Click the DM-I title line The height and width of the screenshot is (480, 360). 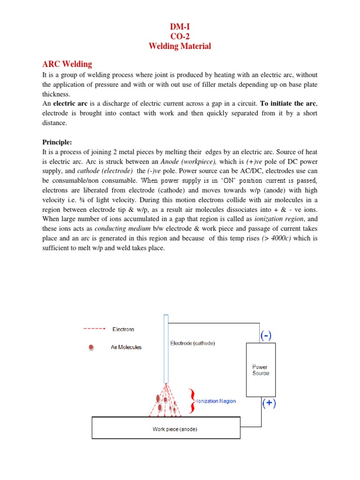coord(180,29)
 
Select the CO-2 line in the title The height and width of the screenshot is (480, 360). coord(180,37)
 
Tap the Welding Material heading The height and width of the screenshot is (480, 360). coord(180,46)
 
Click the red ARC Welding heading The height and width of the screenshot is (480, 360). coord(67,64)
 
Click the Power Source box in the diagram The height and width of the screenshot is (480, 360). coord(261,370)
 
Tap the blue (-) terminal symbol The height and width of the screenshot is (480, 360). coord(266,336)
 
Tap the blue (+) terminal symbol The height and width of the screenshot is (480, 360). coord(269,404)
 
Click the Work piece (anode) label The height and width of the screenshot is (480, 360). coord(172,428)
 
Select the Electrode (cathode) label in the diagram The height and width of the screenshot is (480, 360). coord(192,343)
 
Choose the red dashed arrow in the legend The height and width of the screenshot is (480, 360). coord(95,329)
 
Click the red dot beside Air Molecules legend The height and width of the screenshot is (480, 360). coord(91,347)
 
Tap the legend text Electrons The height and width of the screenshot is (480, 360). coord(123,329)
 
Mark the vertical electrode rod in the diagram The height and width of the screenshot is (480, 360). coord(165,349)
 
